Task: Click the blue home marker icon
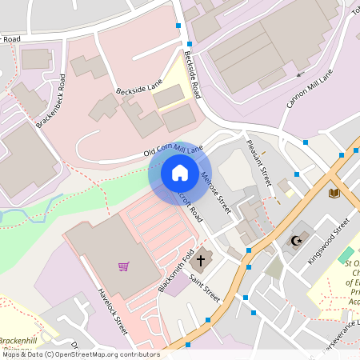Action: tap(180, 173)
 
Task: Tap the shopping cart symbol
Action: tap(123, 266)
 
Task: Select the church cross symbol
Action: tap(200, 260)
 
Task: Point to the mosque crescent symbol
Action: tap(296, 240)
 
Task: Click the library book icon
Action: tap(334, 193)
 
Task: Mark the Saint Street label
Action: tap(205, 289)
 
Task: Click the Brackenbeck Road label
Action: tap(56, 101)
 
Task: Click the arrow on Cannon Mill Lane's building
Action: tap(300, 74)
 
